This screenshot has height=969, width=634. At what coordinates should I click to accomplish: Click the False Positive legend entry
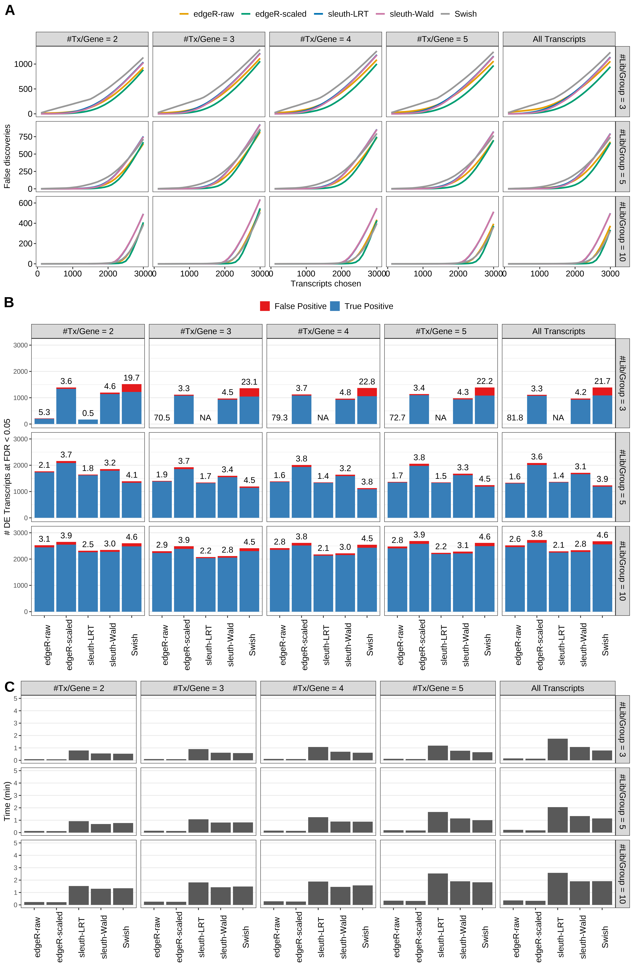tap(293, 306)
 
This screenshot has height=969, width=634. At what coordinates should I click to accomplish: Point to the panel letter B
tap(9, 303)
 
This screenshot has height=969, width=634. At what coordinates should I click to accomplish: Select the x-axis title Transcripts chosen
tap(326, 284)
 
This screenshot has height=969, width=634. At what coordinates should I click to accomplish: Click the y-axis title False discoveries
tap(7, 156)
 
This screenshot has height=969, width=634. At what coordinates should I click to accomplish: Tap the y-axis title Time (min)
tap(7, 801)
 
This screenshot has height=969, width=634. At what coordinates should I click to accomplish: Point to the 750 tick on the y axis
tap(25, 137)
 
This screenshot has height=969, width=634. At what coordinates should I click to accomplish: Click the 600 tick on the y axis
tap(25, 203)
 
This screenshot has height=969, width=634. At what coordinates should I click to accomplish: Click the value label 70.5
tap(162, 418)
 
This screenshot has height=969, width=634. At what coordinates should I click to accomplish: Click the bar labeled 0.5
tap(88, 422)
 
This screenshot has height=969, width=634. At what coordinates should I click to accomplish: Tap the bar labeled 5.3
tap(44, 421)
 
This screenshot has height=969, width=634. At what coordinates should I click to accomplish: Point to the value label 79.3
tap(279, 418)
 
